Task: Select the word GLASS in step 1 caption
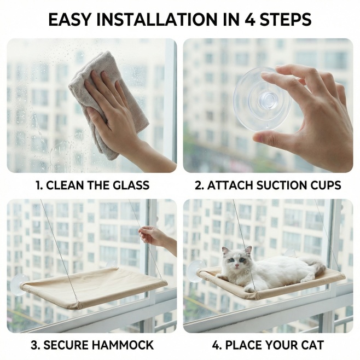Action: pos(131,185)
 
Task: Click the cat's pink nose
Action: pos(236,266)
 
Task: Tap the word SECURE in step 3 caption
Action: pos(60,345)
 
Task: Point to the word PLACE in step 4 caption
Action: pos(243,345)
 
